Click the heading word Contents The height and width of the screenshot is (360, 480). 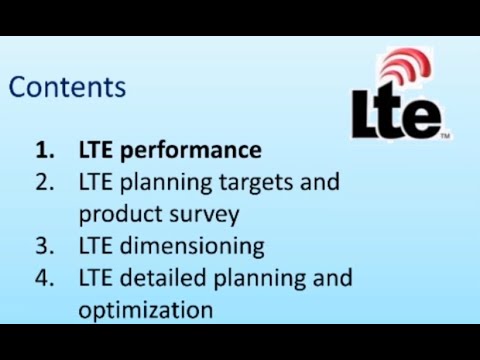(67, 87)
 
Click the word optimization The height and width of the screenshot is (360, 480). (146, 309)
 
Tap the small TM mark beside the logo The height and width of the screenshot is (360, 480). (445, 135)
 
